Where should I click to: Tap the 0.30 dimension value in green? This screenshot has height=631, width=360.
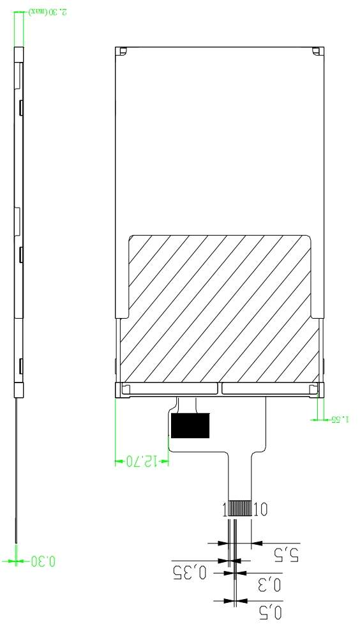coord(43,561)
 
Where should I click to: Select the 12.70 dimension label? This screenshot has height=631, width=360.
coord(141,461)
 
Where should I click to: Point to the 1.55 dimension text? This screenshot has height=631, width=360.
coord(340,420)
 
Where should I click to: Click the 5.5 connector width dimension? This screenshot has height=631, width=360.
coord(287,554)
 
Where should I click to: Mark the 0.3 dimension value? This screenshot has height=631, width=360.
coord(269,584)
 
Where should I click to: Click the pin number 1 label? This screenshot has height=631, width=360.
coord(225,509)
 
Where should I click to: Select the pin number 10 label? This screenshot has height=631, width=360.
coord(260,509)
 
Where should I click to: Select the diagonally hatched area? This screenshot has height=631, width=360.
coord(220,307)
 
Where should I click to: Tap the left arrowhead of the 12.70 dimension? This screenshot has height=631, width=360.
coord(119,461)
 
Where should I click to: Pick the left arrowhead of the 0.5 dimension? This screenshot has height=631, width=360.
coord(228,600)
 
